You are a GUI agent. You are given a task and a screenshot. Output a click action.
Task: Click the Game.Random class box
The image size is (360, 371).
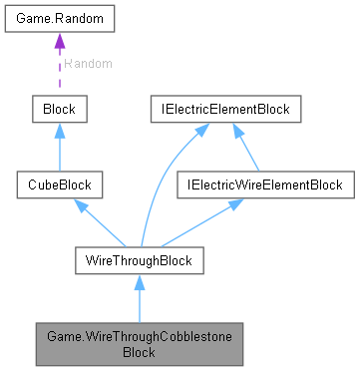[x=59, y=20]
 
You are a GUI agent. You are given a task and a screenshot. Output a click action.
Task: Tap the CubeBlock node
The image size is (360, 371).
[x=59, y=185]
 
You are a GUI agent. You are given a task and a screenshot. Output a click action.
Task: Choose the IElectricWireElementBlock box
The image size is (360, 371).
[x=262, y=185]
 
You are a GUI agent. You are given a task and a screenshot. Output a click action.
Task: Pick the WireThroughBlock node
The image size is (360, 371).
[x=140, y=260]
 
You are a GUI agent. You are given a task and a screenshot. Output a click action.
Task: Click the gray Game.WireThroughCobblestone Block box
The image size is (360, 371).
[x=140, y=343]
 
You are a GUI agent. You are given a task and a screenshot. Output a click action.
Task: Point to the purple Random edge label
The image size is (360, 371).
[x=87, y=63]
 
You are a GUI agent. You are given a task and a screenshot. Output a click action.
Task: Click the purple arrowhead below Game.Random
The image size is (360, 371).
[x=59, y=42]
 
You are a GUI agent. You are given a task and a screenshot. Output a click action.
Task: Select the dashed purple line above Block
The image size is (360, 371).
[x=59, y=75]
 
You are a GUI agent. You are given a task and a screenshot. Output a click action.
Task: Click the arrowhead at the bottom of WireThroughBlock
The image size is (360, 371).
[x=140, y=284]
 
